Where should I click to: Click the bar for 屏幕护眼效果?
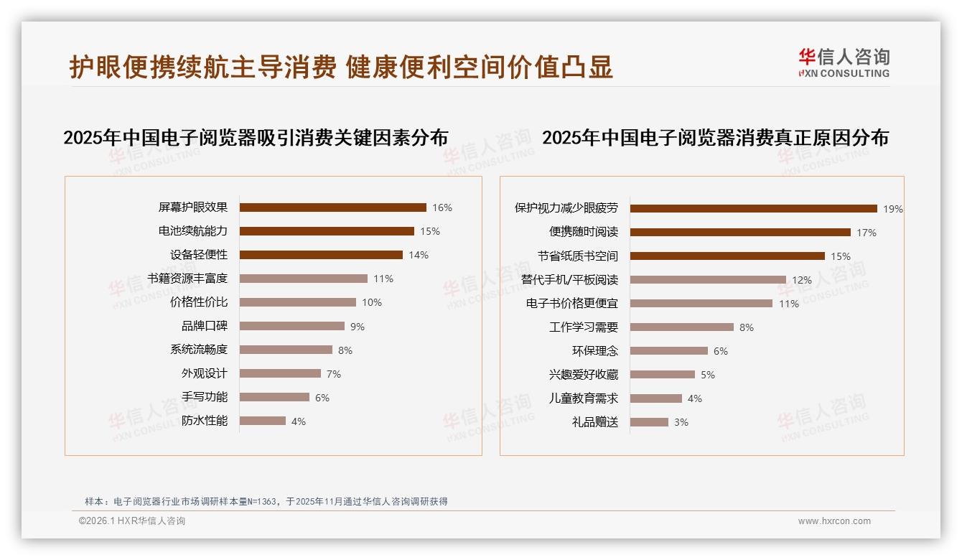[332, 207]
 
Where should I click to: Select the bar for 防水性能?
[262, 421]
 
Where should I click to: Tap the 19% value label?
[892, 209]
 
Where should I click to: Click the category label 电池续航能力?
[192, 231]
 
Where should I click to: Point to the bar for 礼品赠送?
[649, 422]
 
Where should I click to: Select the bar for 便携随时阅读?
[740, 233]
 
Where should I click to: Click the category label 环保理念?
[594, 351]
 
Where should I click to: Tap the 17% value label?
[866, 233]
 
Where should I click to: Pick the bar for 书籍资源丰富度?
[303, 279]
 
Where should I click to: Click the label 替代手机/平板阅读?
[569, 280]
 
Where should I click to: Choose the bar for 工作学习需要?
[681, 327]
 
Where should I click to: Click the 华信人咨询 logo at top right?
[844, 62]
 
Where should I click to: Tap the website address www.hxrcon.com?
[834, 521]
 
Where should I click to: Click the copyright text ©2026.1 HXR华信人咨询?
[132, 521]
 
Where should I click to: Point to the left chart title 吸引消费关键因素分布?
[256, 138]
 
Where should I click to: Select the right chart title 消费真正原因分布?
[715, 138]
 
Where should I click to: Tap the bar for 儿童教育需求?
[656, 398]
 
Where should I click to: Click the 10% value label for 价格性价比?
[371, 302]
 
